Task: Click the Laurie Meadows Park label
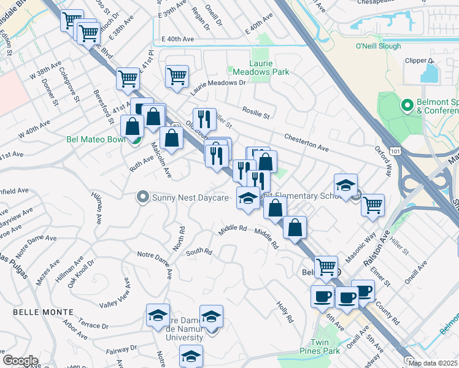(260, 67)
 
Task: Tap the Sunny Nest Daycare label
(190, 197)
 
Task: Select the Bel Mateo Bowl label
(95, 139)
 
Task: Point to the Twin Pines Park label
(325, 347)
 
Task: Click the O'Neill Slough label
(378, 46)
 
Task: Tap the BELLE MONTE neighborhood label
(39, 312)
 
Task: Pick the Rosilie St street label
(256, 112)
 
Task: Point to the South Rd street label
(199, 251)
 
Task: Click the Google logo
(20, 360)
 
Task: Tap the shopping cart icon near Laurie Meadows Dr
(177, 77)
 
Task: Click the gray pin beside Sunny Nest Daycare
(143, 197)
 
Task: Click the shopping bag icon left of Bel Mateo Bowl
(133, 127)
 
